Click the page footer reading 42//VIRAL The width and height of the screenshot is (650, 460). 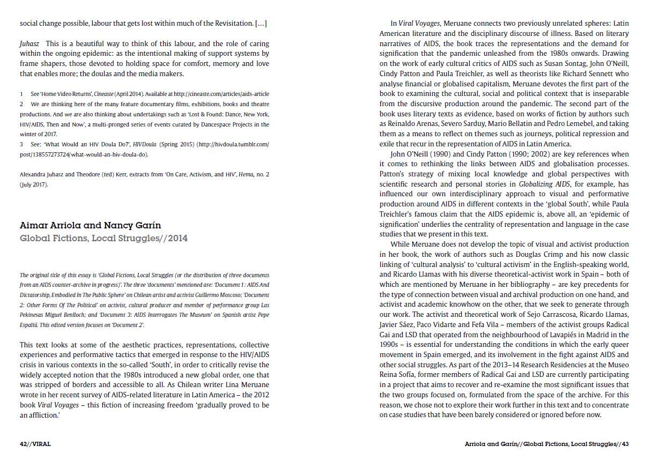click(35, 444)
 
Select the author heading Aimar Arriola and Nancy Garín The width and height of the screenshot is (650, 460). click(90, 225)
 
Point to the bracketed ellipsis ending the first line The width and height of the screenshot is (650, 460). click(261, 24)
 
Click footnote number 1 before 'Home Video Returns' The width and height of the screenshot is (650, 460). click(22, 94)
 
